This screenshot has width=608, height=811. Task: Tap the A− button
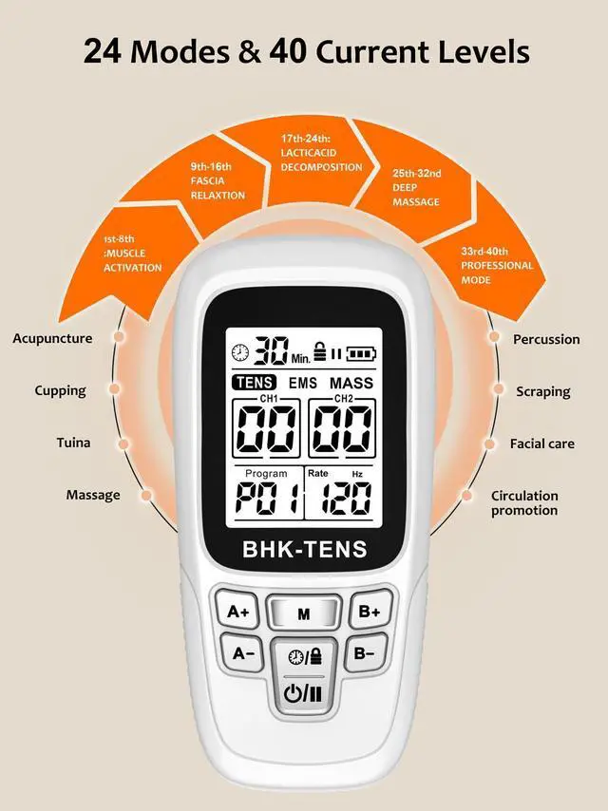point(243,652)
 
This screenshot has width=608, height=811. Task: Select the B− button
point(365,652)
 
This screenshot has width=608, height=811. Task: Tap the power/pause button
point(303,692)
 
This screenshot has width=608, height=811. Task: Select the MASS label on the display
point(351,383)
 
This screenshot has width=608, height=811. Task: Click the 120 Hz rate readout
point(344,498)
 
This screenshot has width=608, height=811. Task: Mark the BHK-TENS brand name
point(304,548)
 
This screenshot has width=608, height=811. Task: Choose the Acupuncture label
point(52,338)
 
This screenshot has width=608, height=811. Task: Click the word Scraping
point(542,391)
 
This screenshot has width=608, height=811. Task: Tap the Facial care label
point(541,443)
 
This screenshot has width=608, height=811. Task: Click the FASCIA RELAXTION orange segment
point(218,182)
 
